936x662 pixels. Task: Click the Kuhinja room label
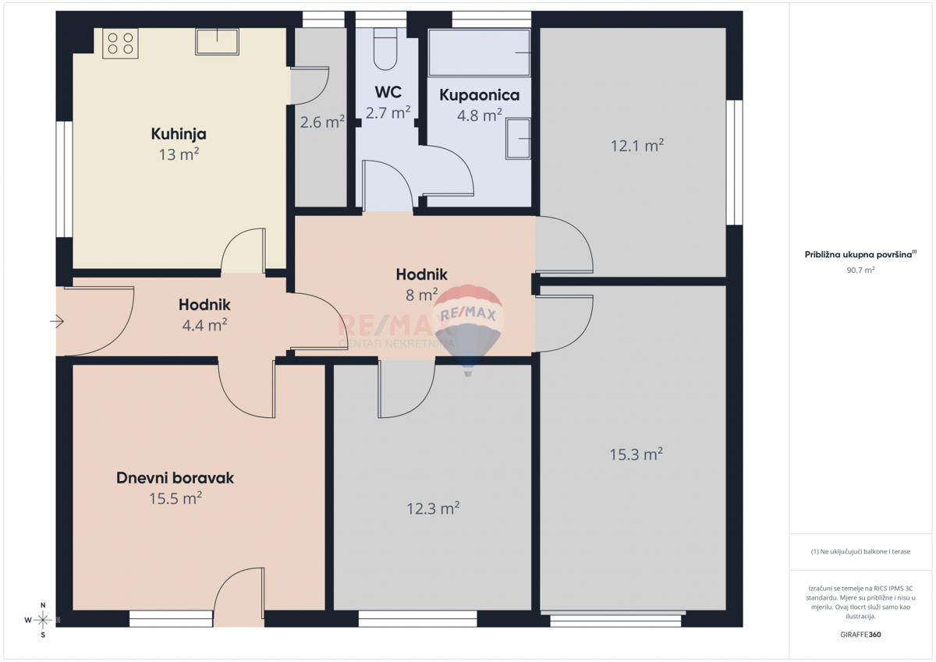[179, 134]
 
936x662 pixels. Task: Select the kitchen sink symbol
[217, 41]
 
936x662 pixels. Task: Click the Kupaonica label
[479, 95]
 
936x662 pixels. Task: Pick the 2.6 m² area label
[322, 122]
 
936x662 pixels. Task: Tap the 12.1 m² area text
[636, 145]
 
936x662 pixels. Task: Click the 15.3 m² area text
[636, 454]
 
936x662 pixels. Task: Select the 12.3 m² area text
[433, 508]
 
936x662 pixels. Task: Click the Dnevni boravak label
[175, 478]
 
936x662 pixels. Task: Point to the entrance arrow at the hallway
[58, 320]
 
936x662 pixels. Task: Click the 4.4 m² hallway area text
[204, 325]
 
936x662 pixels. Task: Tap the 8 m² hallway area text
[421, 295]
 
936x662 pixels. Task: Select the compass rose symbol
[43, 620]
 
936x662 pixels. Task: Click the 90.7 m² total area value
[860, 270]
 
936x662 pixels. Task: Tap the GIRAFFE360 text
[860, 634]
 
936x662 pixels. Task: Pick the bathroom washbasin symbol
[518, 139]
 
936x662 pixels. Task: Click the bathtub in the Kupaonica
[479, 52]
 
